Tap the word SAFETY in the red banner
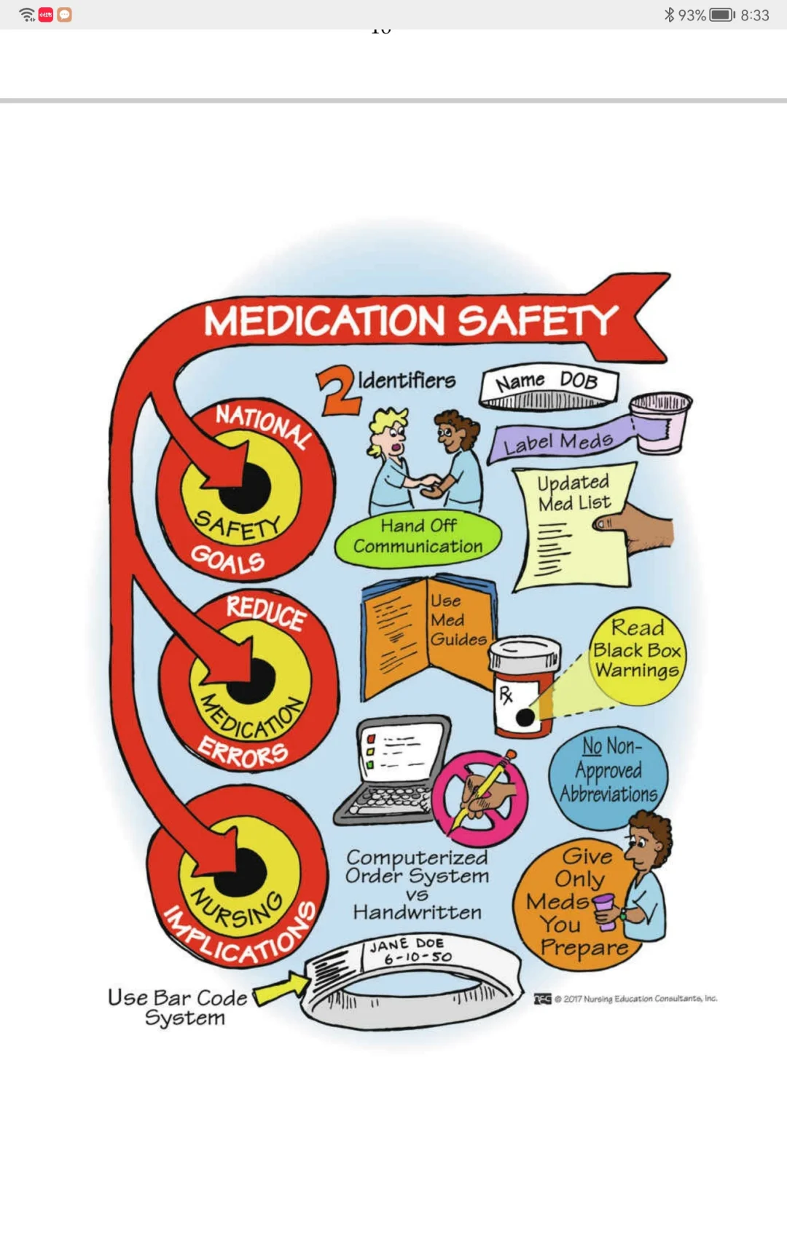point(538,321)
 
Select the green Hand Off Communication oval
point(418,537)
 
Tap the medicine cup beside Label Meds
point(660,422)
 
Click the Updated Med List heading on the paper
point(574,492)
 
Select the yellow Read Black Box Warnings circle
point(638,650)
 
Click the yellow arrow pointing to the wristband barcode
point(281,989)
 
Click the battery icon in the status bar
point(722,15)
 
